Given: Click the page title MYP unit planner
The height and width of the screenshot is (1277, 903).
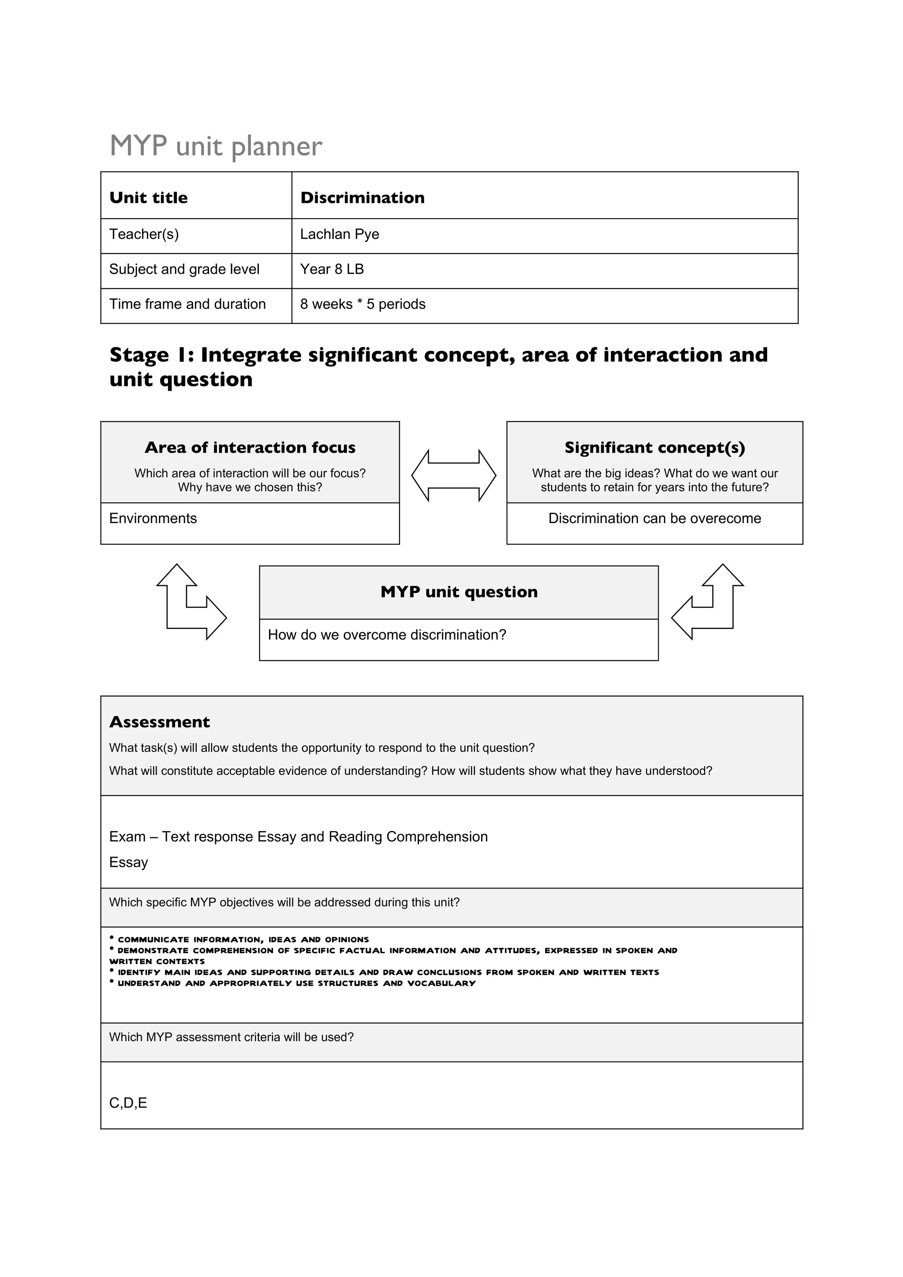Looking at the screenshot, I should (216, 146).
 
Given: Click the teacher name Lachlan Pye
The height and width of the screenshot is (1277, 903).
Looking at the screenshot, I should (340, 234).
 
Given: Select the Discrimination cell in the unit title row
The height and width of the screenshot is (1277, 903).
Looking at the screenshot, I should (362, 197).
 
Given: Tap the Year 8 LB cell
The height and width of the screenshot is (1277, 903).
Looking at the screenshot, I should (332, 269).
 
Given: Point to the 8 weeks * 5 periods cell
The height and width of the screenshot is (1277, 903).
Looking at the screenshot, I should (363, 304).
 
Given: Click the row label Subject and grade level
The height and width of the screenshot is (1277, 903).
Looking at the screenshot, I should (184, 269).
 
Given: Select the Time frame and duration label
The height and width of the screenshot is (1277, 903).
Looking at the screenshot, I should (187, 304).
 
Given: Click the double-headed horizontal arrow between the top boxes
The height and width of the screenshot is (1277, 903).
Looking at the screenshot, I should (453, 475).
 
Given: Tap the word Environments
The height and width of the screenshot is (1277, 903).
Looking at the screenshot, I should (153, 518).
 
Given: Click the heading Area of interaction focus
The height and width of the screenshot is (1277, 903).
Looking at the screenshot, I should (250, 448).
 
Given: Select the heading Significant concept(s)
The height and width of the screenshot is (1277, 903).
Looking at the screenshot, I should (654, 448).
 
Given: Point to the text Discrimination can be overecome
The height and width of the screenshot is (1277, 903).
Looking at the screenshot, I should (654, 518).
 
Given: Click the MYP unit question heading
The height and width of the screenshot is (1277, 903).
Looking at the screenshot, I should (459, 592).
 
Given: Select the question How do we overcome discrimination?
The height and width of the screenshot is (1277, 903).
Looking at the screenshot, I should (387, 635).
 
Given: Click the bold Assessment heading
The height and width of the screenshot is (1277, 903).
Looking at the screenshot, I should (160, 722).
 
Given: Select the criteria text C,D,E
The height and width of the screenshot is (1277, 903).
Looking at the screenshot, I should (128, 1103).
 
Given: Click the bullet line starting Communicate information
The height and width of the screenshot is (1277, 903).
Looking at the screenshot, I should (243, 939).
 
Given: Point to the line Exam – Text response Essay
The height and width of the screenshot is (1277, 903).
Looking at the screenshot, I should (298, 837).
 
